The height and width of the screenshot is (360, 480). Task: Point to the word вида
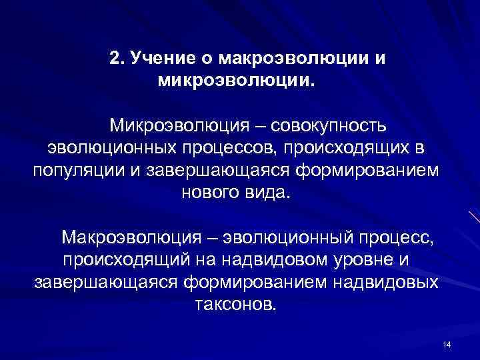point(268,193)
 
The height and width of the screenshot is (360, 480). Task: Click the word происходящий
point(119,259)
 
